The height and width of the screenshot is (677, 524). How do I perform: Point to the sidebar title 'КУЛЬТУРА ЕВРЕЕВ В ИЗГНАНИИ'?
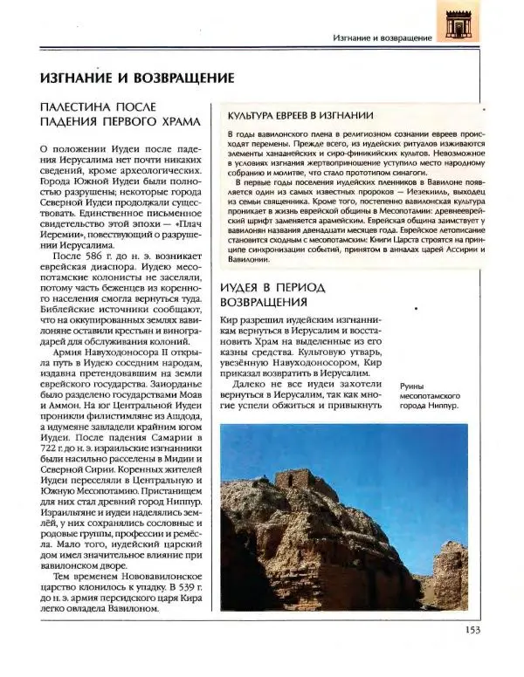[x=302, y=115]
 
